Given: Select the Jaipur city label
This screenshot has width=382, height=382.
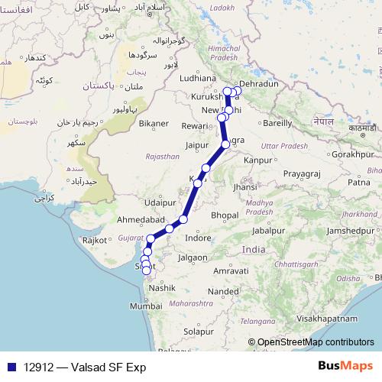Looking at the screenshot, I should click(x=197, y=143).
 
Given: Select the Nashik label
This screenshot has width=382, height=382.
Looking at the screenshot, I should click(x=163, y=288).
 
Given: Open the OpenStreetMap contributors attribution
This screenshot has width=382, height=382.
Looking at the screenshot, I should click(x=316, y=343).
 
